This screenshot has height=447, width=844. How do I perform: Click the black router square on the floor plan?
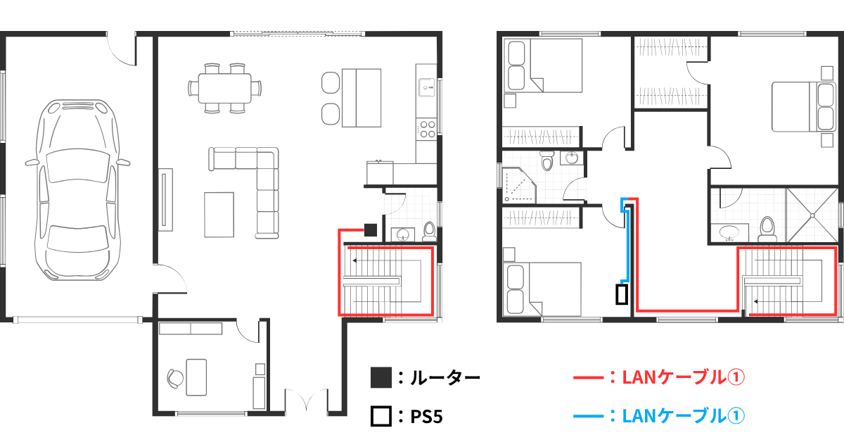pos(371,229)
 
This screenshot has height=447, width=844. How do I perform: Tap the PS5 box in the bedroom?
pos(622,294)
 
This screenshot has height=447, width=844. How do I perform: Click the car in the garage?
pos(77,190)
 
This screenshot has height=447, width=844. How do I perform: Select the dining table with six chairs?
pos(225,88)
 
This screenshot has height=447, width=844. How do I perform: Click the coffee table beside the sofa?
pos(219,215)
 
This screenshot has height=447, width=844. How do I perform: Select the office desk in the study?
pos(196,377)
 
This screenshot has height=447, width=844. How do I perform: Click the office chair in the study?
pos(176,378)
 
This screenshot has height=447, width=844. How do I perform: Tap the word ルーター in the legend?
pos(445,377)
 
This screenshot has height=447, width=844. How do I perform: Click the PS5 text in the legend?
pos(426,417)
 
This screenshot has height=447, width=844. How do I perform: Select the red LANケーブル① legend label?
pos(683,377)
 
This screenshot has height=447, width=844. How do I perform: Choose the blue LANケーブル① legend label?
pos(683,416)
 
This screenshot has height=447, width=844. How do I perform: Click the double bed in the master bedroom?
pos(803,107)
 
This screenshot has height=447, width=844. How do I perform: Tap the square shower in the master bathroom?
pos(812,215)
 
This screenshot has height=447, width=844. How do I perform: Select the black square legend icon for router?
pos(381,377)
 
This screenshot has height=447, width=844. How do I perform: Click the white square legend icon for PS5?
pos(381,416)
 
